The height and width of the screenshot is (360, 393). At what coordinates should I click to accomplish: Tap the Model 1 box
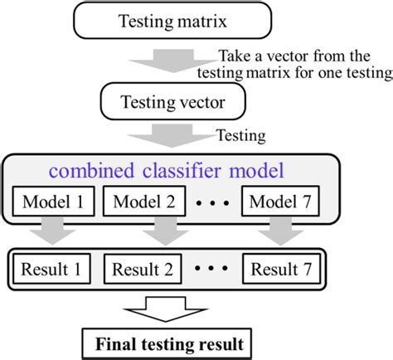click(x=56, y=202)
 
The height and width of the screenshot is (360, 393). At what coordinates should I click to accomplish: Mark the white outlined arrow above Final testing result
click(x=168, y=309)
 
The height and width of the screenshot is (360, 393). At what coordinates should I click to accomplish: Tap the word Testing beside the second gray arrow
click(x=239, y=134)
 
